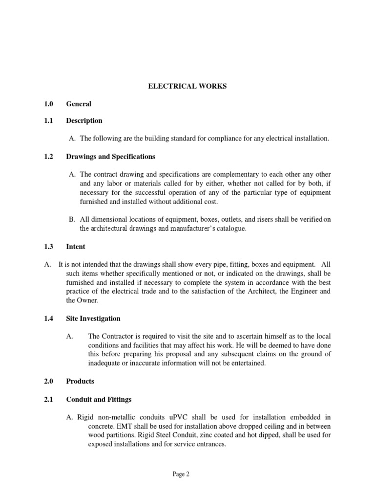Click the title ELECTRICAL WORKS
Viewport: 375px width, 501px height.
[x=187, y=87]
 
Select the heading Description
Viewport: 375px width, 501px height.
[x=84, y=121]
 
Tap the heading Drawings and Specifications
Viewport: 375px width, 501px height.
[x=110, y=157]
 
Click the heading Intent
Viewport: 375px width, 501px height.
[x=76, y=247]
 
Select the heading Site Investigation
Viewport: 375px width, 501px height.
[x=93, y=319]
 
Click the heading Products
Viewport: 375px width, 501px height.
[x=80, y=381]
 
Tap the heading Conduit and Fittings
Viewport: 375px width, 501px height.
[x=99, y=399]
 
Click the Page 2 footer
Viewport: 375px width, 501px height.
[x=187, y=474]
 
